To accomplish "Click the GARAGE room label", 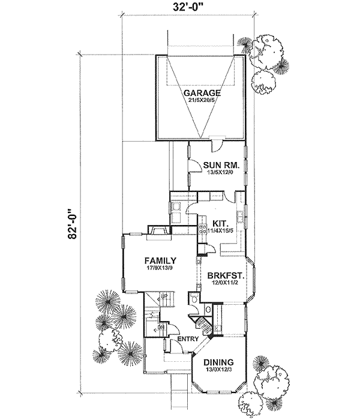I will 202,94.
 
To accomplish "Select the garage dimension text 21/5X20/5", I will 202,101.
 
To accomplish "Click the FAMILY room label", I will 160,261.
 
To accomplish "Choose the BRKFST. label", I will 224,275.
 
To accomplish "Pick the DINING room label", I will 219,362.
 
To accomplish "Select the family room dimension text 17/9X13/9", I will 160,269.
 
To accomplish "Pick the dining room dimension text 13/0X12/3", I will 219,370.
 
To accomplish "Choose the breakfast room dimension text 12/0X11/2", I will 224,283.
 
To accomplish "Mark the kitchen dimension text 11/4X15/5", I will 219,229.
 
